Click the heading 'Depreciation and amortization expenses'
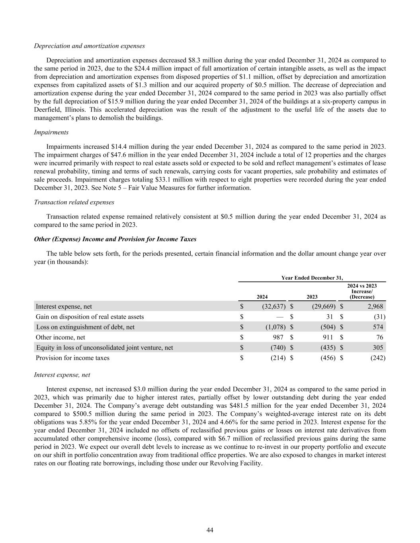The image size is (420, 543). (89, 46)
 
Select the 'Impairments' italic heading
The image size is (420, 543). (51, 132)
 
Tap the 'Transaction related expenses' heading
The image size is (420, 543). (74, 202)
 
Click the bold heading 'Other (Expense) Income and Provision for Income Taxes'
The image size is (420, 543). (115, 239)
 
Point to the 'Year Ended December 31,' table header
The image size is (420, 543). (312, 278)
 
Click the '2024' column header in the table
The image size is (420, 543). (262, 297)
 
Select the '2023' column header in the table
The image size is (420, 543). (312, 297)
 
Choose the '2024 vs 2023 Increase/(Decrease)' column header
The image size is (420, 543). (362, 292)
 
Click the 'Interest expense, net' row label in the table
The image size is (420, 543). (64, 306)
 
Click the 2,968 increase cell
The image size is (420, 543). (375, 306)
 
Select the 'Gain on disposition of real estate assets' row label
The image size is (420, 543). (90, 317)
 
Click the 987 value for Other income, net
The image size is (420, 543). (278, 337)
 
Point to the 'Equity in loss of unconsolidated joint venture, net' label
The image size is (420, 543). (104, 348)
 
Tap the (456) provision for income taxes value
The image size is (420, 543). (328, 358)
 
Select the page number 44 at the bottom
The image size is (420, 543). (210, 530)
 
